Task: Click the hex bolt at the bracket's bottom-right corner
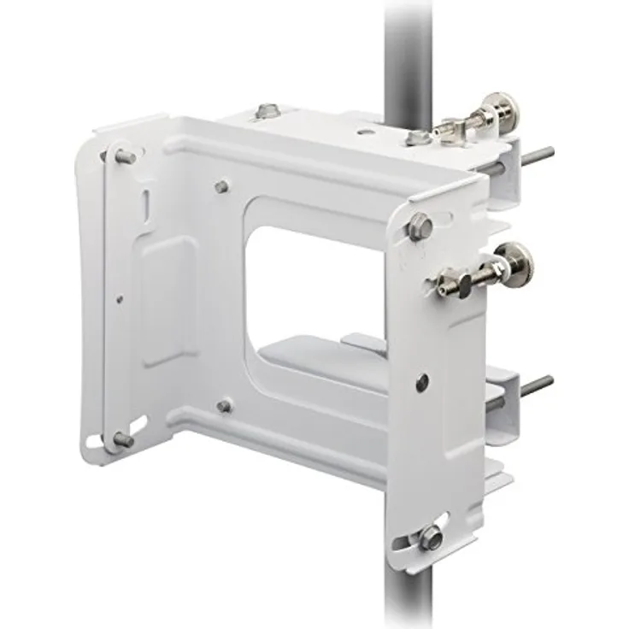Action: pyautogui.click(x=430, y=538)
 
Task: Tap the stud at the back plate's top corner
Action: pyautogui.click(x=124, y=156)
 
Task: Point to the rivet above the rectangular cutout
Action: pyautogui.click(x=222, y=185)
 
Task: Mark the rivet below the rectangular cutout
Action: pyautogui.click(x=224, y=406)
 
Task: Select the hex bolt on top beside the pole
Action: pyautogui.click(x=417, y=137)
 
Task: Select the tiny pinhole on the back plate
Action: pyautogui.click(x=119, y=299)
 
